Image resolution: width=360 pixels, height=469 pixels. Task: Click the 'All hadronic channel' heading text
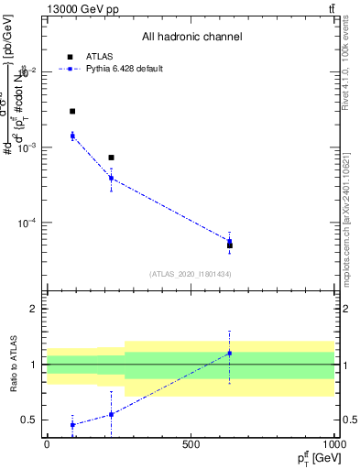191,37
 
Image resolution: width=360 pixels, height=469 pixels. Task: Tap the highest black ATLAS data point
72,111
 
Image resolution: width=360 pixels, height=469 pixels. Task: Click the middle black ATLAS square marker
111,158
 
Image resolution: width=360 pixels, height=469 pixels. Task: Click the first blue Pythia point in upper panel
72,136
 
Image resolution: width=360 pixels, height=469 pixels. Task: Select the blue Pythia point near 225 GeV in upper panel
111,178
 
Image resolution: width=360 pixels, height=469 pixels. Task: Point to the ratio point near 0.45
72,425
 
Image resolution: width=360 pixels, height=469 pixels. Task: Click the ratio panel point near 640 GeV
230,353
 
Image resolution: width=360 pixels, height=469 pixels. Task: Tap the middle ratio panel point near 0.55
111,414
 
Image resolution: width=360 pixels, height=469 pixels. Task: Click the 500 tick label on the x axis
191,443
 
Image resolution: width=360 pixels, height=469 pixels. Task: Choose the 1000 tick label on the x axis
333,443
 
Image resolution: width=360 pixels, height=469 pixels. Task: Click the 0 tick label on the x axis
47,443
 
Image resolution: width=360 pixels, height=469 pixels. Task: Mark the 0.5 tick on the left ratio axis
30,420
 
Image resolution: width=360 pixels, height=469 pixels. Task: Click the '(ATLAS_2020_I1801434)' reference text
191,274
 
